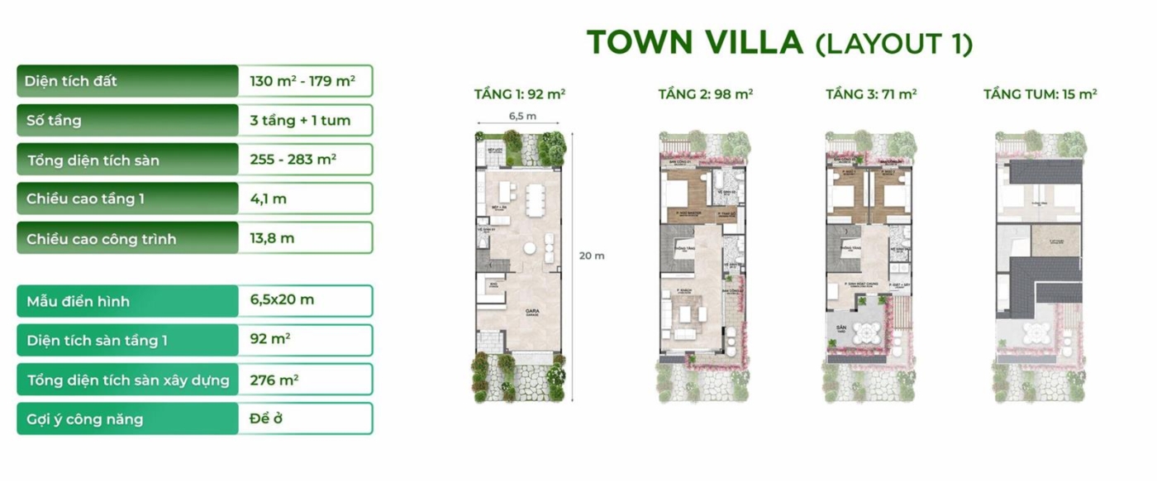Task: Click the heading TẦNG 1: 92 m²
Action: coord(519,94)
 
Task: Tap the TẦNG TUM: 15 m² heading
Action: coord(1040,94)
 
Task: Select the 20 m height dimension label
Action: coord(591,256)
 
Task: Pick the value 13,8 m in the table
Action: coord(272,238)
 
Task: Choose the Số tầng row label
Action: coord(54,120)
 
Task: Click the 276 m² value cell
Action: coord(274,380)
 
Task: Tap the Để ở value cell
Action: coord(266,418)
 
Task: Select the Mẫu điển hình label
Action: coord(78,301)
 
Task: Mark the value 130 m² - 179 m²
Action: coord(302,81)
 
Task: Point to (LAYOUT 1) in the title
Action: coord(893,43)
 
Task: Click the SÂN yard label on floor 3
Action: coord(839,329)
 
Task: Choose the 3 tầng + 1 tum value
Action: coord(300,120)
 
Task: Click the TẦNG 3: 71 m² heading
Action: coord(871,94)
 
